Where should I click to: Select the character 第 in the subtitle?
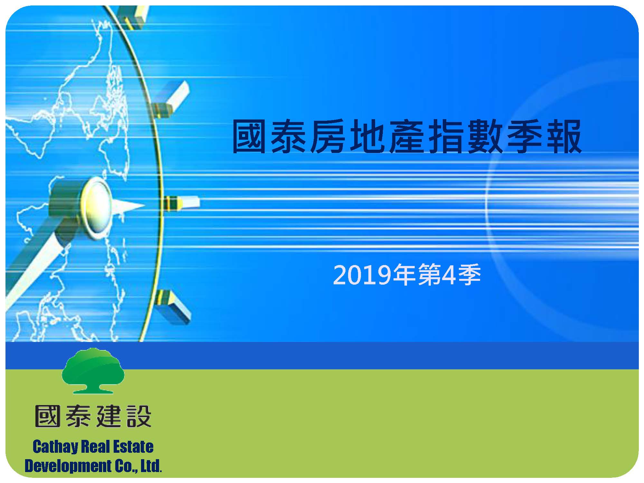click(x=429, y=275)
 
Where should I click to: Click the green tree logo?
click(x=93, y=371)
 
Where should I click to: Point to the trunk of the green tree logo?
click(x=93, y=385)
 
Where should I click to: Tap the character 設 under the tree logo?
click(x=138, y=416)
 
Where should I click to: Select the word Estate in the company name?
click(x=135, y=447)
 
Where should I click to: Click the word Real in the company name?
click(x=97, y=447)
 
